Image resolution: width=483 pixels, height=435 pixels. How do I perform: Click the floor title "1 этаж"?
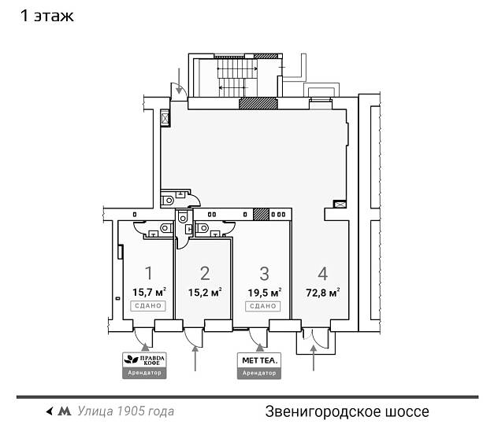(x=48, y=16)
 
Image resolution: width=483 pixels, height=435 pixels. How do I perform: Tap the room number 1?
(x=148, y=274)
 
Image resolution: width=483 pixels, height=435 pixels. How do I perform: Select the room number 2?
(x=205, y=274)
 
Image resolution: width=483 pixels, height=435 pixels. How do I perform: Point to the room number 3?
(x=265, y=274)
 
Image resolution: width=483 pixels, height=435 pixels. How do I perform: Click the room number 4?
(x=322, y=274)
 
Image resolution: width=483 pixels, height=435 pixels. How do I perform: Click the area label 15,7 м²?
(x=149, y=292)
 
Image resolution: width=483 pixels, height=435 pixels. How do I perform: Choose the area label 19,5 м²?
(x=265, y=292)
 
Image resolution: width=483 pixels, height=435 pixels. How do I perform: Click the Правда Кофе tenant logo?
(x=145, y=360)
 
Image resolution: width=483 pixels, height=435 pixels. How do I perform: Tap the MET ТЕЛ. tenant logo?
(x=259, y=360)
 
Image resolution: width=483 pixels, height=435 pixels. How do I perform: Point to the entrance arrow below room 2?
(x=195, y=358)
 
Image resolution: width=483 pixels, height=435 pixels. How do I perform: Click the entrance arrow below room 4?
(x=314, y=359)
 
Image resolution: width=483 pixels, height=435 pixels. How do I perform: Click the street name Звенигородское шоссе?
(x=347, y=411)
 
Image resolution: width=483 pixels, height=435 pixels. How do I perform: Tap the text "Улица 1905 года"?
(x=126, y=411)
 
